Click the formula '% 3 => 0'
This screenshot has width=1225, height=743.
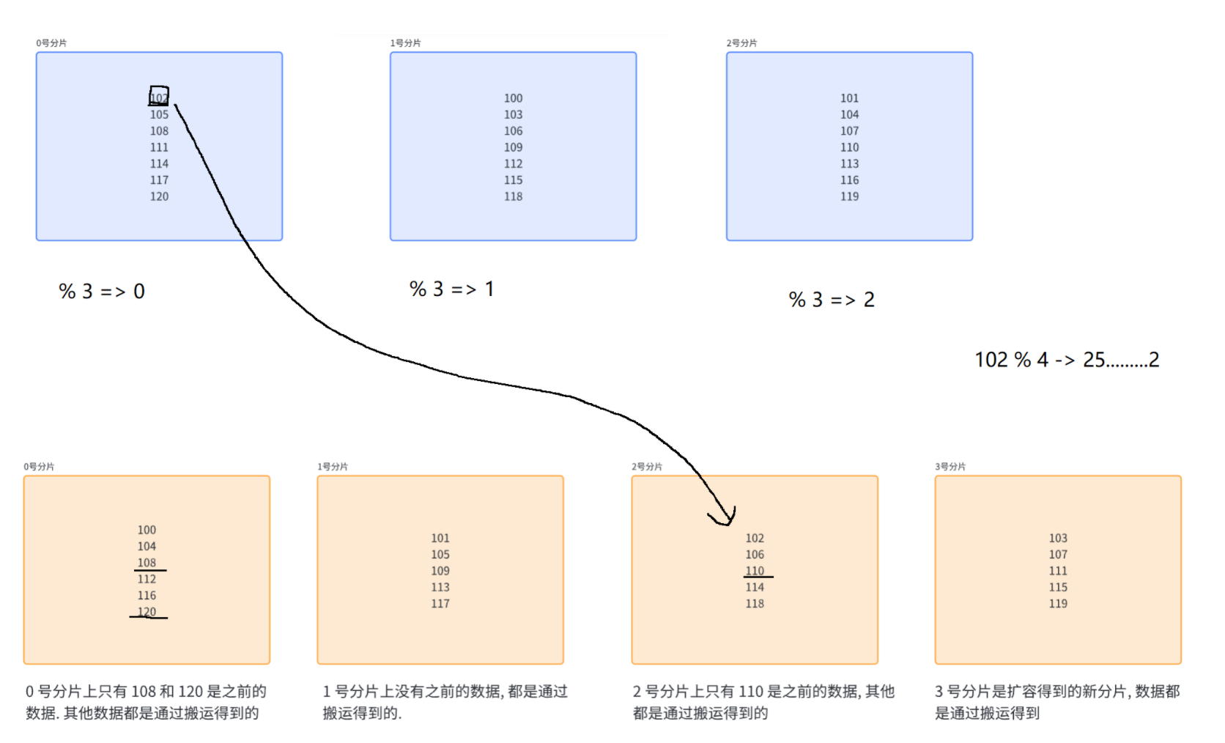102,292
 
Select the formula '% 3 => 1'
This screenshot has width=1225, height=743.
451,289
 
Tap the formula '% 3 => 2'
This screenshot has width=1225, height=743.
832,300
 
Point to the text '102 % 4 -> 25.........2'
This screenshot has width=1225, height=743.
1067,360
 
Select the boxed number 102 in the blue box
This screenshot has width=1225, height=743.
159,97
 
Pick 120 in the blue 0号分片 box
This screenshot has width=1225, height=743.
159,196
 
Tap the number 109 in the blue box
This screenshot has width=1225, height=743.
513,147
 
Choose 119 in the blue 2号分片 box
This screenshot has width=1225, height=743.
849,196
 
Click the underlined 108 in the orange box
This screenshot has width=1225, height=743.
147,563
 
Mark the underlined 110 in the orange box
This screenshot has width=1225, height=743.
755,571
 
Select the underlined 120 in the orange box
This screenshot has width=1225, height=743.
147,612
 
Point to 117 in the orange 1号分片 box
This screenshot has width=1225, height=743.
440,604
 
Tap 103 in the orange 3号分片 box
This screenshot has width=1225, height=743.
1058,538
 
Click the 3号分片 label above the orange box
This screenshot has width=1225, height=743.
950,467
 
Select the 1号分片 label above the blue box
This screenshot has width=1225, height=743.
405,43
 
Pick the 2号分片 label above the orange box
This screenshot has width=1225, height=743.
647,467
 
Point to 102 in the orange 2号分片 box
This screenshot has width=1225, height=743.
755,538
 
